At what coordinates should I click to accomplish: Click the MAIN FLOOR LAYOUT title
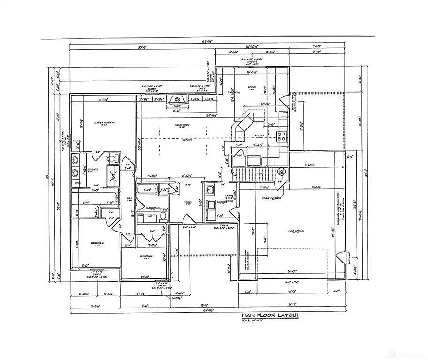(x=270, y=315)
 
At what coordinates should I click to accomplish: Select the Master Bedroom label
(x=104, y=123)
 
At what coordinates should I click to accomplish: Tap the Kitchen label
(x=260, y=135)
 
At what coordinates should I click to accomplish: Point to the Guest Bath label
(x=153, y=207)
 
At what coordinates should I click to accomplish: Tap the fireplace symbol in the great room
(x=177, y=99)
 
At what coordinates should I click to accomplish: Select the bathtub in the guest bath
(x=147, y=190)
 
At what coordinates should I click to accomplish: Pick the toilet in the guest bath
(x=162, y=216)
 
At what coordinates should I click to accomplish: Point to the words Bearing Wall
(x=270, y=198)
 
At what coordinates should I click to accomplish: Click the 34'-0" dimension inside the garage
(x=291, y=271)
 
